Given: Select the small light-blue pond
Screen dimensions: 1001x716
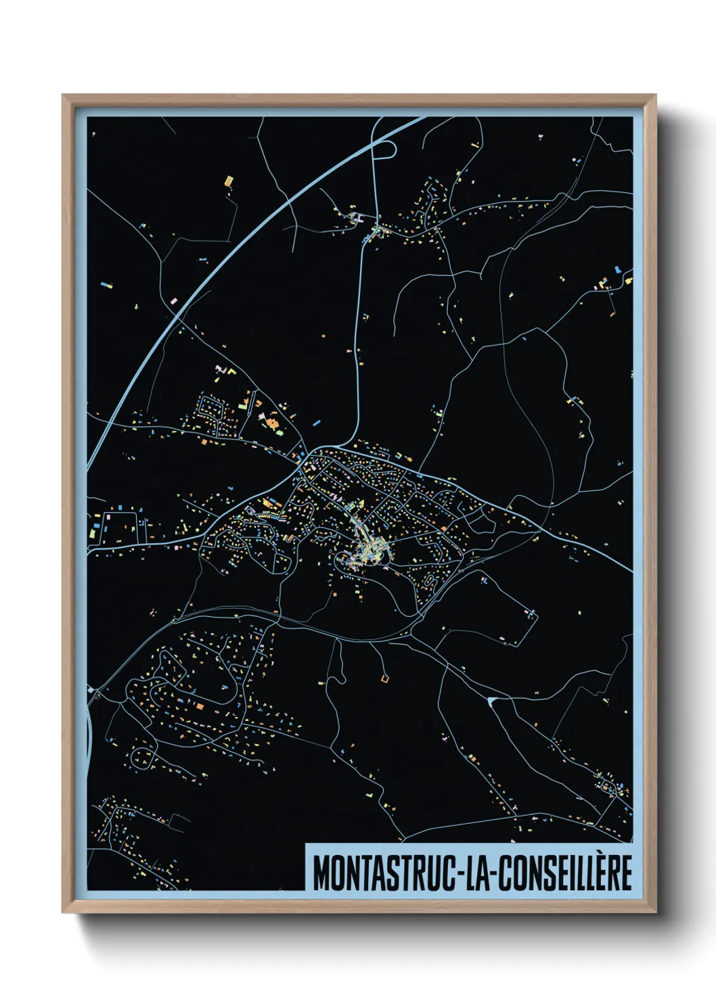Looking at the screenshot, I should (491, 700).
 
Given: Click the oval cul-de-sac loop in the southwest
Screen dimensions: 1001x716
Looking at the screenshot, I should (142, 755).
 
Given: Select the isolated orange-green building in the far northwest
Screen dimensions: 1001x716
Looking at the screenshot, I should (229, 181).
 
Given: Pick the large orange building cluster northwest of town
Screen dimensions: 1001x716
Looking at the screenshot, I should (272, 423).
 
